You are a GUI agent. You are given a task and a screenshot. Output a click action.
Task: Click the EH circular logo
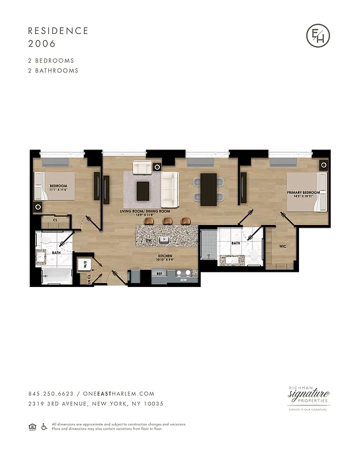click(x=318, y=36)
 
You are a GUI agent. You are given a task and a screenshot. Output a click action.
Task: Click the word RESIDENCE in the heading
click(x=58, y=30)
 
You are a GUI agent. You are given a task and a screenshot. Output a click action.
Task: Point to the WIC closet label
click(x=282, y=247)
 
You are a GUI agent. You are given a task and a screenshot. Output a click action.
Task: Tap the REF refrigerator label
click(x=160, y=274)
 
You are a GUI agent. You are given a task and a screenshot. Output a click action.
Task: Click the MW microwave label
click(x=183, y=280)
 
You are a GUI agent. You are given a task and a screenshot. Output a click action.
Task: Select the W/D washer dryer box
click(x=85, y=266)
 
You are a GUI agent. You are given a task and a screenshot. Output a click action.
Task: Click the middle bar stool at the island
click(x=167, y=221)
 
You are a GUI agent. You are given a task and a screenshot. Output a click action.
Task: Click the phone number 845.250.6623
click(x=50, y=394)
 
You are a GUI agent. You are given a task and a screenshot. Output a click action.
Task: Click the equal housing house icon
click(x=31, y=426)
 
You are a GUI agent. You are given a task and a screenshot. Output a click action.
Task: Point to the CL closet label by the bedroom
click(x=55, y=220)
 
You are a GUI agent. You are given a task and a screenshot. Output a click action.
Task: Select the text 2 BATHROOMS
click(x=53, y=71)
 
